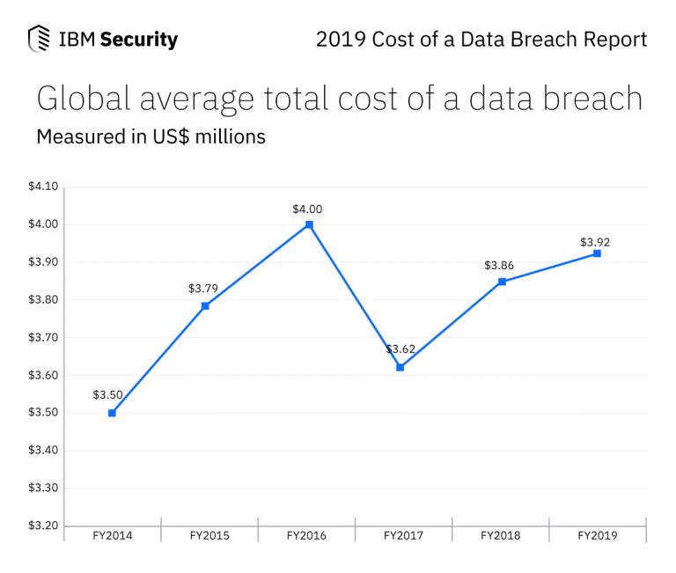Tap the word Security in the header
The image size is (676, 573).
[x=139, y=40]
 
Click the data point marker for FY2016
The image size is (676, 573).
[x=309, y=224]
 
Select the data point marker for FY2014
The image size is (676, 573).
[x=112, y=413]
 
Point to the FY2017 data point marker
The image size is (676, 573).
[x=400, y=367]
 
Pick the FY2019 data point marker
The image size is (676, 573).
[x=597, y=253]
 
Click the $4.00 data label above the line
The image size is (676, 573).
[x=307, y=209]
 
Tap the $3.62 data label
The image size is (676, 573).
[x=400, y=350]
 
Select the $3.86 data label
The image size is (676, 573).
[x=499, y=266]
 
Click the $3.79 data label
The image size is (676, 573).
[x=203, y=288]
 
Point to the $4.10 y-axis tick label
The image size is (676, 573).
[x=42, y=187]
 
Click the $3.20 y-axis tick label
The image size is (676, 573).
[x=42, y=525]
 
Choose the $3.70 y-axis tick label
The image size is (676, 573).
[x=42, y=337]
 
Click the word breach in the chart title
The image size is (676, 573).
[x=591, y=99]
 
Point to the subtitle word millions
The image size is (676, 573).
[x=227, y=137]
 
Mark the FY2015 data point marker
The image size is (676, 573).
[x=205, y=306]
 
